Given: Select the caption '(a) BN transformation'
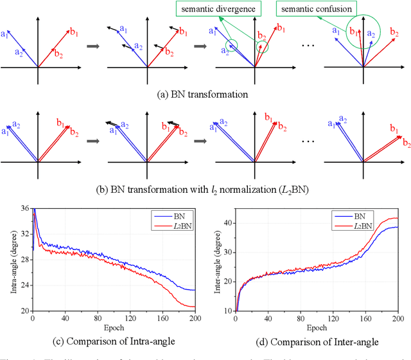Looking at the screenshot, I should click(203, 93).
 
